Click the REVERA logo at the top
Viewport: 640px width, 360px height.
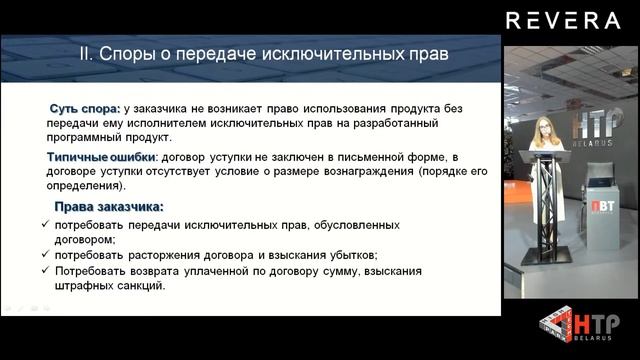click(563, 20)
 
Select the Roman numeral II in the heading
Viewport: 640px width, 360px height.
click(86, 51)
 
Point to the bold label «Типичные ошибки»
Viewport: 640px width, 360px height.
click(100, 158)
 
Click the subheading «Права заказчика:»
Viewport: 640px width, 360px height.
click(109, 207)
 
